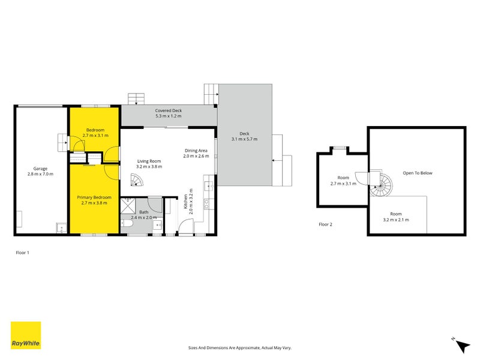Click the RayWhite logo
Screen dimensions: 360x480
[26, 335]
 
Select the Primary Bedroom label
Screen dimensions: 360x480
[95, 197]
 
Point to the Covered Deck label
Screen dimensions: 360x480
[168, 111]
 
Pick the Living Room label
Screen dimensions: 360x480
[149, 161]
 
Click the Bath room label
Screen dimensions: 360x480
[144, 212]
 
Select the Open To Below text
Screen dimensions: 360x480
[417, 173]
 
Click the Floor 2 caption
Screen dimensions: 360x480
[325, 224]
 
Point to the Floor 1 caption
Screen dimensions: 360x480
[22, 253]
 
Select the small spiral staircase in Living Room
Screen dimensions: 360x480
[137, 180]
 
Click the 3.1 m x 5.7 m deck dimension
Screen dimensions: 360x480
[244, 139]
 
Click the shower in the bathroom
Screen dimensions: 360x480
[128, 206]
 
